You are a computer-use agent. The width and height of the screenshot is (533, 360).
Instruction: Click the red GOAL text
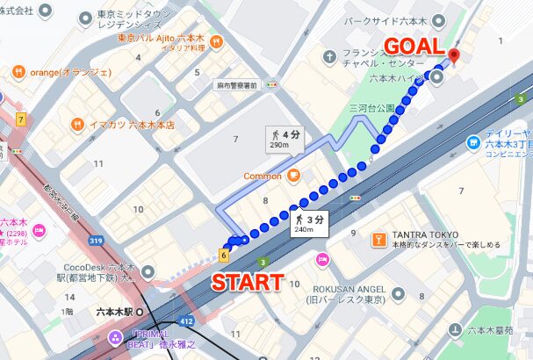tap(415, 47)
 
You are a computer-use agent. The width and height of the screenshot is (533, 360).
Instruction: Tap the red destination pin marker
tap(453, 57)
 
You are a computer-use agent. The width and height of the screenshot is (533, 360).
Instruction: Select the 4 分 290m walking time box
tap(283, 139)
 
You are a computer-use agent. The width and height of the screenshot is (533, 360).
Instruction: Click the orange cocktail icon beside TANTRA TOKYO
tap(379, 238)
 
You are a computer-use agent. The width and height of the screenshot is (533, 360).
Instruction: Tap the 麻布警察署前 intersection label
tap(236, 85)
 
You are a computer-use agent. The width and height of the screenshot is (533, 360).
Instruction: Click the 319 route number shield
tap(97, 239)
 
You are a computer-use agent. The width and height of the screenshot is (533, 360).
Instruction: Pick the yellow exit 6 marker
tap(224, 255)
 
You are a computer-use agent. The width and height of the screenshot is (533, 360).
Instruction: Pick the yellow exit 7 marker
tap(19, 118)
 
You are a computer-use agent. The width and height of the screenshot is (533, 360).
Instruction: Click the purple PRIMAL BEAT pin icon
tap(115, 338)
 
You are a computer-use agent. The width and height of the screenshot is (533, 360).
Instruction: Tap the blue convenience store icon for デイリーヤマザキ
tap(473, 141)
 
